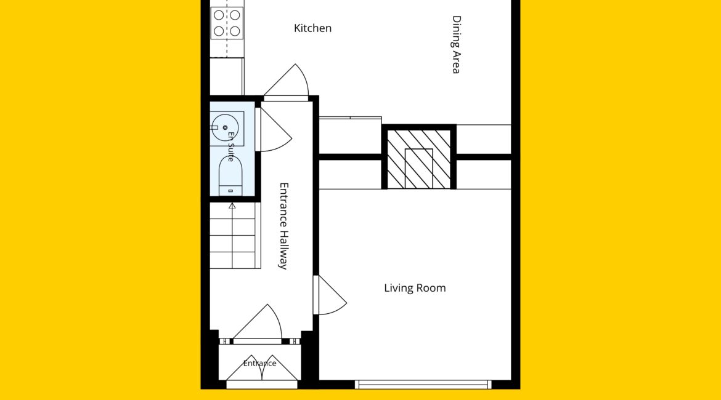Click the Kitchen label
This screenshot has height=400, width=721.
click(312, 28)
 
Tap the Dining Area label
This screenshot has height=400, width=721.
click(456, 44)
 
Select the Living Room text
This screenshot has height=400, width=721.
click(415, 288)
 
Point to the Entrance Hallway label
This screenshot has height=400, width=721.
click(284, 226)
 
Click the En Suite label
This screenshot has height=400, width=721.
click(231, 146)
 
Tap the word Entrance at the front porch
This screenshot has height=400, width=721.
click(260, 363)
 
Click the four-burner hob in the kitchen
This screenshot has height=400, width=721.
click(227, 23)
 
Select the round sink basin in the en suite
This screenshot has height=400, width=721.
click(225, 127)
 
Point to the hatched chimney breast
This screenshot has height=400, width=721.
click(418, 159)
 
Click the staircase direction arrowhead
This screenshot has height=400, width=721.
click(232, 206)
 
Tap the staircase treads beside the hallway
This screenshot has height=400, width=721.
click(235, 236)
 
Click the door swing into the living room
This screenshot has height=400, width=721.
click(330, 295)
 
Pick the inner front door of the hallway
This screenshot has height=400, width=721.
click(258, 324)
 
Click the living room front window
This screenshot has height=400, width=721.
click(423, 385)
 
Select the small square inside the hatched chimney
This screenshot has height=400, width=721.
click(418, 169)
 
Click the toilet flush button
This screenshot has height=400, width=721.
click(231, 191)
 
